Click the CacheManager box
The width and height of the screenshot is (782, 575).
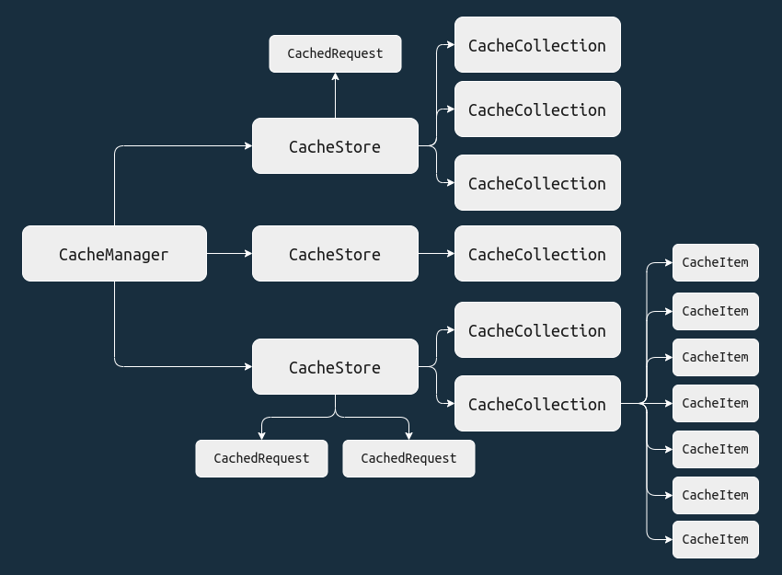[114, 254]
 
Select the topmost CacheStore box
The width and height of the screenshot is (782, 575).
[335, 146]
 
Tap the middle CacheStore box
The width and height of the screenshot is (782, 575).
[335, 254]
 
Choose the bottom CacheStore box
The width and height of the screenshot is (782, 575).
[335, 367]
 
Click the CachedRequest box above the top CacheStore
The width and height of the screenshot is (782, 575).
[335, 53]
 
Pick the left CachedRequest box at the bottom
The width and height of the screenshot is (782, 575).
[261, 458]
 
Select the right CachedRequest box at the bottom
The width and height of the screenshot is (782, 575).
[408, 458]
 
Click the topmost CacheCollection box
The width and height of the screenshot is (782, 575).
[537, 45]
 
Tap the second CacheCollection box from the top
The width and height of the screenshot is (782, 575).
[537, 109]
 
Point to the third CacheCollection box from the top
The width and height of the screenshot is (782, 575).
[537, 183]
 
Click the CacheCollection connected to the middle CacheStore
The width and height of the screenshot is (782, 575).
[537, 254]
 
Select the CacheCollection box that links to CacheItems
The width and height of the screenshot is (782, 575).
[537, 404]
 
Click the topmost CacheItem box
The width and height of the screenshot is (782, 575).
[715, 262]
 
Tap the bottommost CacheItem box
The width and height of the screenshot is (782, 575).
[715, 539]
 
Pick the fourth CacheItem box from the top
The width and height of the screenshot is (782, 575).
[715, 403]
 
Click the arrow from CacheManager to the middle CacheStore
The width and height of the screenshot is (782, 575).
[229, 253]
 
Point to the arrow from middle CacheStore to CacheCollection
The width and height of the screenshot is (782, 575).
[436, 253]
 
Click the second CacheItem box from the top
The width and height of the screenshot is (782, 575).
[715, 311]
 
